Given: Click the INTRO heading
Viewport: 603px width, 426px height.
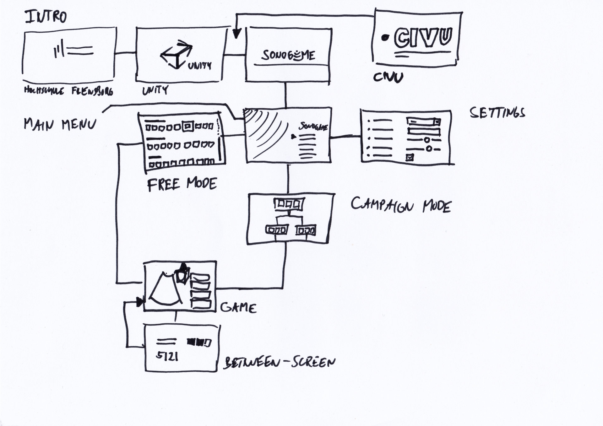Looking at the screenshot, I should point(46,17).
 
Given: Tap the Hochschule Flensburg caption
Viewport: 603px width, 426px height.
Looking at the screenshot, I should point(68,91).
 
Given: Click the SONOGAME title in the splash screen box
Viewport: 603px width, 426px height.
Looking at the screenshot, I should point(288,55).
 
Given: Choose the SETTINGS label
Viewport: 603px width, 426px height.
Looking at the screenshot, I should point(497,113).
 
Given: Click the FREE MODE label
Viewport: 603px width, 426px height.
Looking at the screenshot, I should point(182,184).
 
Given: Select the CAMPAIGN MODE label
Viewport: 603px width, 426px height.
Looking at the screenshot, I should point(401,205).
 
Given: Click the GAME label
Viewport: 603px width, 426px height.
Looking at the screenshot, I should point(238,307).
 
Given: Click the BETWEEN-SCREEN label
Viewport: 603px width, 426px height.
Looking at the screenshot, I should point(279,363).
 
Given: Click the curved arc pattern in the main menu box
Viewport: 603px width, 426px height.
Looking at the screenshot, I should point(262,129).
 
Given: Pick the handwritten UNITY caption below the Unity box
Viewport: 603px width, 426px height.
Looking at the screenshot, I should point(155,90).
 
